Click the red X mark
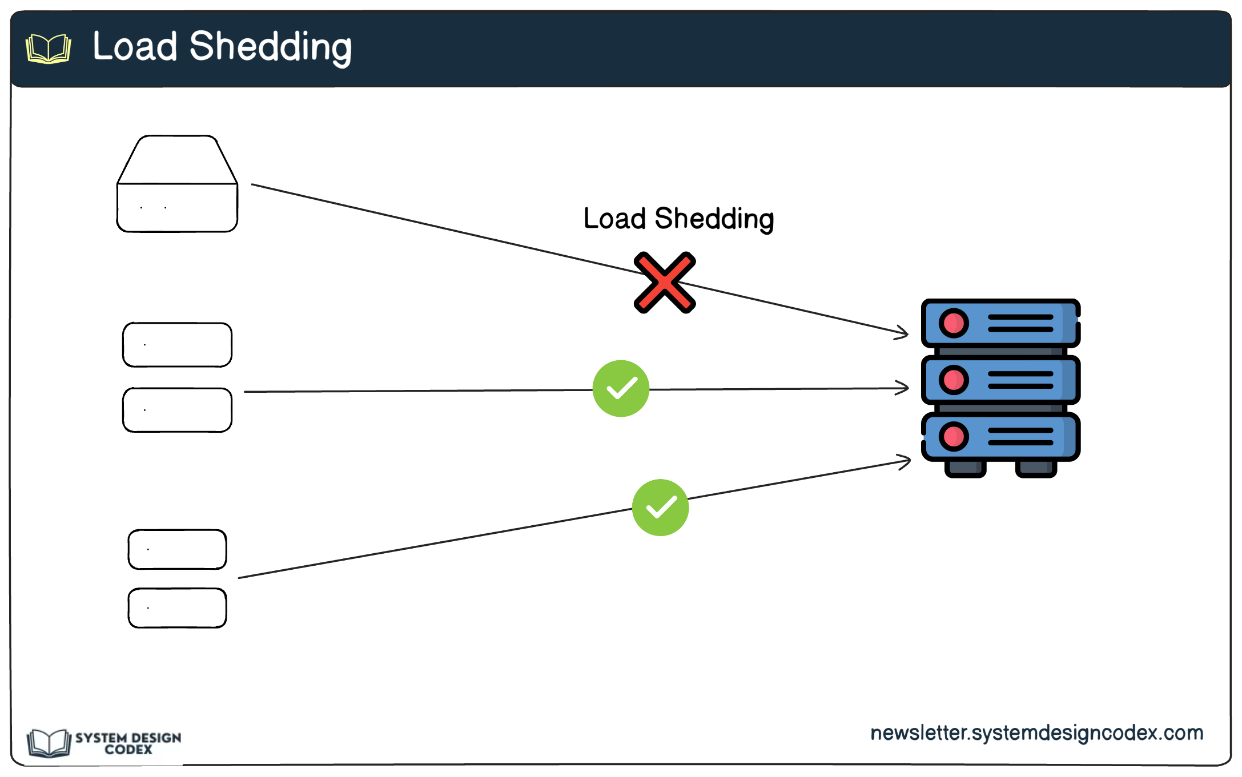(664, 283)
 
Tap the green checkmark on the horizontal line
(621, 389)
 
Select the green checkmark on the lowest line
(660, 508)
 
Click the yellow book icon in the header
(49, 49)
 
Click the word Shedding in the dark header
(270, 47)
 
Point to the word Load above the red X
(614, 219)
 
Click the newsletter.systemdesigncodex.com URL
(1036, 732)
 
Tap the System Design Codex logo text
(128, 743)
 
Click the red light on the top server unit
(953, 323)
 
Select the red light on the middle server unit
(953, 380)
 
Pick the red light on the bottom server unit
(953, 437)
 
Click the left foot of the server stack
(965, 469)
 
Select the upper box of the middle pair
(177, 345)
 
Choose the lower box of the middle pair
(177, 410)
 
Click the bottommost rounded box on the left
(177, 608)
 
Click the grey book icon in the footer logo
(49, 743)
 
